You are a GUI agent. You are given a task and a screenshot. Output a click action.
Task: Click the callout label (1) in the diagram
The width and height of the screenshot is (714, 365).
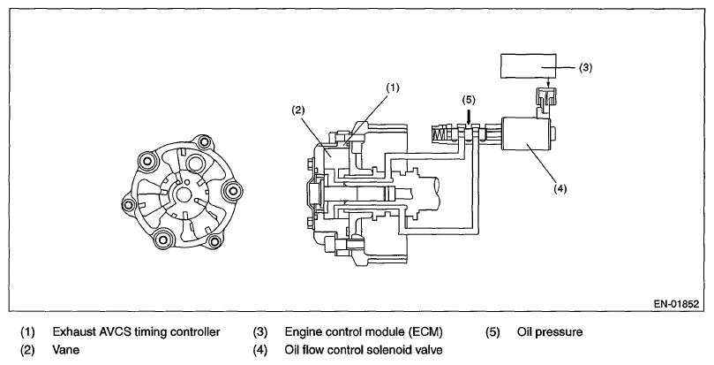tap(392, 87)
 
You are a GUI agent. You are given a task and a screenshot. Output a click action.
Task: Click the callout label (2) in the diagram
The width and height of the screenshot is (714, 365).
tap(297, 110)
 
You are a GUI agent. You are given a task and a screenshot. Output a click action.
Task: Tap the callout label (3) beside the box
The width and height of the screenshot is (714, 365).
tap(585, 67)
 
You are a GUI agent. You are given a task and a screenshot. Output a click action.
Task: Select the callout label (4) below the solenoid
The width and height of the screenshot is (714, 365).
tap(560, 188)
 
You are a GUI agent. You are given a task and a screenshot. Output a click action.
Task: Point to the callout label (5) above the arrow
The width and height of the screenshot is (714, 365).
tap(469, 99)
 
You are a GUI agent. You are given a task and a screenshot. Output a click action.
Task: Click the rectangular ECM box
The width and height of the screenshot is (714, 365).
tap(528, 66)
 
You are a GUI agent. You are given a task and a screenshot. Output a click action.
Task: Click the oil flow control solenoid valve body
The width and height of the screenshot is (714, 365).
tap(525, 133)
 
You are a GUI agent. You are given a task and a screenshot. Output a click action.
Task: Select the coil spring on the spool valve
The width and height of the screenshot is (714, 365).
tap(439, 135)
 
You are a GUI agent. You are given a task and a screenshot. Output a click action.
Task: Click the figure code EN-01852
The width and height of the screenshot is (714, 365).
tap(676, 304)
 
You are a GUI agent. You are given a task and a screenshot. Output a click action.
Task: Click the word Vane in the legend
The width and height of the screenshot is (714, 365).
tap(66, 350)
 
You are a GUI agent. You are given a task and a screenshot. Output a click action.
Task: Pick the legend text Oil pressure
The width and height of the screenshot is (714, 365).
tap(550, 331)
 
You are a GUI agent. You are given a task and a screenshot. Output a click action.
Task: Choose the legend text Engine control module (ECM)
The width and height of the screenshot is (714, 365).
tap(364, 331)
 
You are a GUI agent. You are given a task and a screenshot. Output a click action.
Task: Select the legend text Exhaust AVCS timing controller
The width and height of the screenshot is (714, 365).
tap(136, 331)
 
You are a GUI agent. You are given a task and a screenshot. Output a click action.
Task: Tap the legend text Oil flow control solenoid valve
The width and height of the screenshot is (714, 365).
tap(364, 350)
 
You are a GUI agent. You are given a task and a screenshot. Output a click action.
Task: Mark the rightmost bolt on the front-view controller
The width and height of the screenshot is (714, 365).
tap(233, 189)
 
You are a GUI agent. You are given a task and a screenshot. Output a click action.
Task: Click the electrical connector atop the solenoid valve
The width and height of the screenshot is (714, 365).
tap(546, 99)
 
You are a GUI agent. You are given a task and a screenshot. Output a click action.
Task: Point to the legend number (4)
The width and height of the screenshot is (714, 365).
tap(260, 350)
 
